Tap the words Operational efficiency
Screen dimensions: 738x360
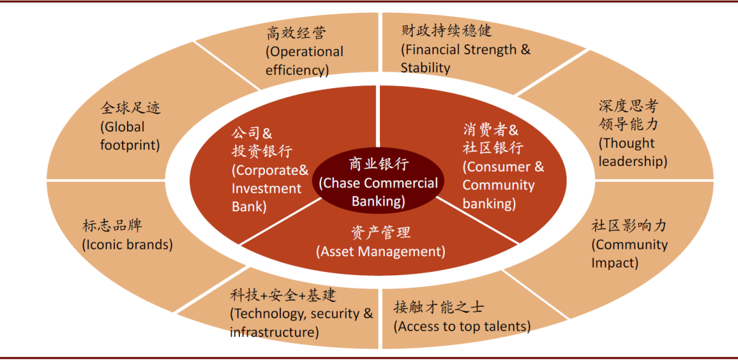point(304,61)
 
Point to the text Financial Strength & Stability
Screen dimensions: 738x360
point(465,59)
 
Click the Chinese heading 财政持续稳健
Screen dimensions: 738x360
point(446,31)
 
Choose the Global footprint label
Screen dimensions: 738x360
point(130,136)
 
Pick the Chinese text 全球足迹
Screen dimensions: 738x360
point(131,108)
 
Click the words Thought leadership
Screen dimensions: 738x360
point(632,152)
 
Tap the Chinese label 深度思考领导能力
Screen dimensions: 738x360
point(628,115)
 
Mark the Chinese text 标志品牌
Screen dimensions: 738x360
point(112,225)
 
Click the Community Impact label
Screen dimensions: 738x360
point(629,253)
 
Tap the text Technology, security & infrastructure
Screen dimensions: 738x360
point(301,323)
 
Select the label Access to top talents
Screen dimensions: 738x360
point(462,327)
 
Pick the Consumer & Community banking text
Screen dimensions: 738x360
point(503,185)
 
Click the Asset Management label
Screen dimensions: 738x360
point(381,251)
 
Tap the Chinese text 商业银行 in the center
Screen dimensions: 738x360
point(379,165)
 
